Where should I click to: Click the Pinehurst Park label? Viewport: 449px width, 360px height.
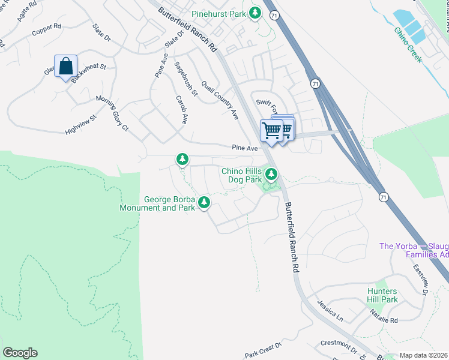pos(218,13)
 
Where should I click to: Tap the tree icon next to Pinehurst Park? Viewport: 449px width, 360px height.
pos(255,13)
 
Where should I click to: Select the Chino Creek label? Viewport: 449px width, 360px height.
pos(408,45)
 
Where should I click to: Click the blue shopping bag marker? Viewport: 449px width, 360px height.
pos(65,67)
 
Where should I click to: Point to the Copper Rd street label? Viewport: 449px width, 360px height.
pos(47,28)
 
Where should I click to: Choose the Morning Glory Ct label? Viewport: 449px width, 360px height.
pos(112,112)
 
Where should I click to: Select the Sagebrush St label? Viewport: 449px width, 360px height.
pos(185,78)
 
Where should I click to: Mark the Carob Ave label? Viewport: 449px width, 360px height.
pos(181,109)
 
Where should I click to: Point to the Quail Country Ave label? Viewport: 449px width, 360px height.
pos(220,99)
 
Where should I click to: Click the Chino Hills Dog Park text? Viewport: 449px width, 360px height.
pos(242,175)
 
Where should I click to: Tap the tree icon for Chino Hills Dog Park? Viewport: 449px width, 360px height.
pos(271,175)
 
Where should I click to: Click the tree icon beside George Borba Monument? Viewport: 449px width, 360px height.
pos(204,203)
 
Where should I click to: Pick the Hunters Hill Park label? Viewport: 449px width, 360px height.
pos(382,295)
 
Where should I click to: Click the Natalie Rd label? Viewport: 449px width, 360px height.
pos(384,316)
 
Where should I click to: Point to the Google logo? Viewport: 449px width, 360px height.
pos(20,353)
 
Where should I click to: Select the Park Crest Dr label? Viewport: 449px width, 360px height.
pos(263,350)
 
